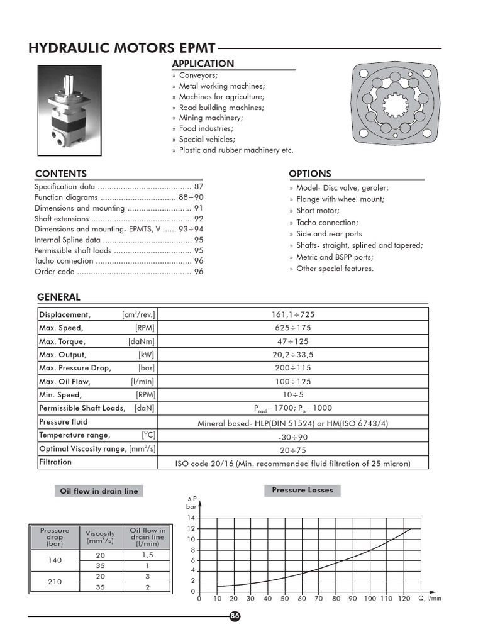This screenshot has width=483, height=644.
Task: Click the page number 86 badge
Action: pyautogui.click(x=235, y=616)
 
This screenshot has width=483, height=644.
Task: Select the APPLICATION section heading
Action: pyautogui.click(x=203, y=64)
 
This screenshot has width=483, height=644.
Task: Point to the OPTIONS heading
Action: pyautogui.click(x=309, y=174)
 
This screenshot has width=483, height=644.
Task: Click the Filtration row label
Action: pyautogui.click(x=55, y=462)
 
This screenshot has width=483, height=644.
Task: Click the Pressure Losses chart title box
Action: pyautogui.click(x=303, y=491)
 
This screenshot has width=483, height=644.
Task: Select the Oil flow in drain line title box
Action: pyautogui.click(x=97, y=491)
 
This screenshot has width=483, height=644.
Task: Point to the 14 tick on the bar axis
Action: pyautogui.click(x=191, y=518)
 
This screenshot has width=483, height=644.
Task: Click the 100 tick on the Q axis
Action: pyautogui.click(x=370, y=599)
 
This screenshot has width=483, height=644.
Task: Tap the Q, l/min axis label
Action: pyautogui.click(x=430, y=599)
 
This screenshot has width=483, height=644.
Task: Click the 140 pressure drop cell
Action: pyautogui.click(x=55, y=560)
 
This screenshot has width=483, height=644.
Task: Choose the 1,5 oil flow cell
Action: pyautogui.click(x=147, y=555)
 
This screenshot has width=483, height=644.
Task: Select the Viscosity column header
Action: pyautogui.click(x=101, y=536)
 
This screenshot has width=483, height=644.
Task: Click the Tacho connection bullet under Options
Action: pyautogui.click(x=327, y=223)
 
